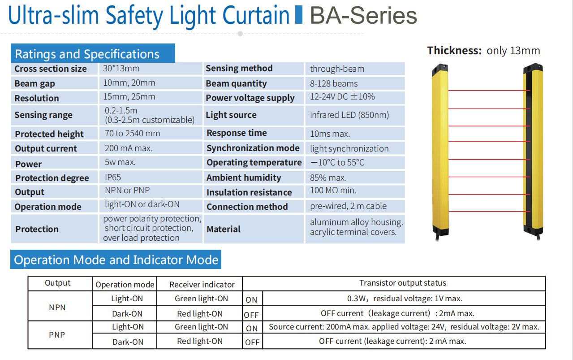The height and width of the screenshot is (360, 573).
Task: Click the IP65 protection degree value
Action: [113, 177]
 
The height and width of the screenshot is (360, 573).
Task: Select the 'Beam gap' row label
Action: [34, 83]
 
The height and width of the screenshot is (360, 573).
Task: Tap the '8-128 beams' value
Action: [334, 83]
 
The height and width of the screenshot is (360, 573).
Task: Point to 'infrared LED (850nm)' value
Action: [349, 115]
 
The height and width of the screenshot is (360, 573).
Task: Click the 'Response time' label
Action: [237, 133]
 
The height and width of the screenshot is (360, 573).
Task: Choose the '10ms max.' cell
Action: [330, 134]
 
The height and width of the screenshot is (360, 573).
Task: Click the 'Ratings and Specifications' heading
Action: [87, 54]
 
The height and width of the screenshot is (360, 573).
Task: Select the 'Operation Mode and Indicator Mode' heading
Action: [116, 260]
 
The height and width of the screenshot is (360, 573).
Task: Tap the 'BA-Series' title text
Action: [363, 16]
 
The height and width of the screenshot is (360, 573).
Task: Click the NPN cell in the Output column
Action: [57, 308]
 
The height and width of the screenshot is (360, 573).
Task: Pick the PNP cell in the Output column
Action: [57, 335]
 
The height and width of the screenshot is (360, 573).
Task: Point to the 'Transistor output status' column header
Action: [403, 283]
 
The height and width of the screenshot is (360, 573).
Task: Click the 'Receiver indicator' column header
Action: [202, 285]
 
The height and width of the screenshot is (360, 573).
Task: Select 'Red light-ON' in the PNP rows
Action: [200, 341]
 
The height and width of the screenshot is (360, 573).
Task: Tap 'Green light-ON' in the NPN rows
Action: [201, 299]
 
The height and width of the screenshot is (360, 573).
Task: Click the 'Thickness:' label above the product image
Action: [454, 51]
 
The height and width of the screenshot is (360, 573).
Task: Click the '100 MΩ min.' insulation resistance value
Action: [333, 191]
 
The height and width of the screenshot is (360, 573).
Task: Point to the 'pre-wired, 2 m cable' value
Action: [348, 206]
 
